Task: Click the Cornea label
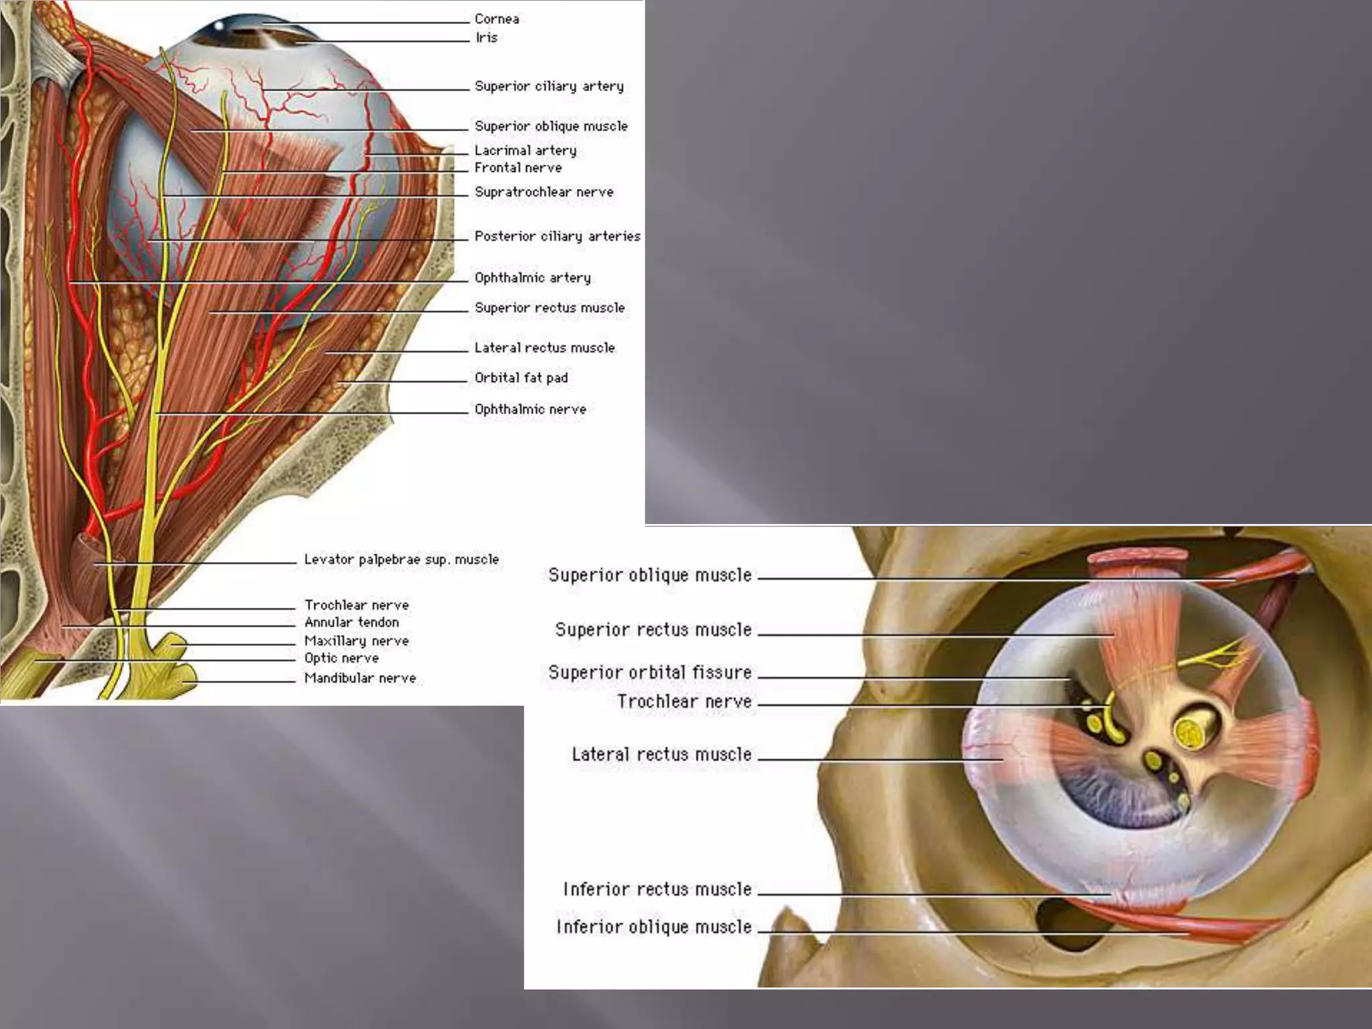click(496, 19)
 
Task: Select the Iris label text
click(486, 38)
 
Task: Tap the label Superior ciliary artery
click(549, 86)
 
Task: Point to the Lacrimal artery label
click(525, 151)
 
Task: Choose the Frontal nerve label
click(518, 168)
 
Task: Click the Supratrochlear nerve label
click(544, 192)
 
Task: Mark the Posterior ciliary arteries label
click(557, 236)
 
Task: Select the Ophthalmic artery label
click(533, 278)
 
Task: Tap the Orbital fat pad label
click(521, 378)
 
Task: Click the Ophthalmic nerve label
click(530, 409)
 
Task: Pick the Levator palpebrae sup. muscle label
click(401, 559)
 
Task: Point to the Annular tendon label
click(352, 622)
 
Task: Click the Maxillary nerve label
click(356, 641)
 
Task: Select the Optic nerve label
click(342, 659)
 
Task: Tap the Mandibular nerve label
click(360, 678)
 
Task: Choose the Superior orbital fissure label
click(650, 673)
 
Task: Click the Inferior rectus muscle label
click(657, 890)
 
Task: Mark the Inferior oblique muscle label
click(654, 927)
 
